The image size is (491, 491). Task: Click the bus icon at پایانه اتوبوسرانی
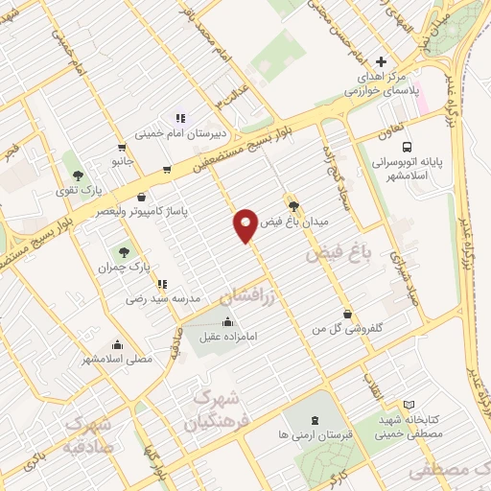tap(409, 147)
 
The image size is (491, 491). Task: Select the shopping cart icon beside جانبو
tap(121, 148)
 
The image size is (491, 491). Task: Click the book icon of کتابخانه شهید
tap(409, 406)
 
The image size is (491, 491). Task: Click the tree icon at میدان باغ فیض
tap(294, 205)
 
